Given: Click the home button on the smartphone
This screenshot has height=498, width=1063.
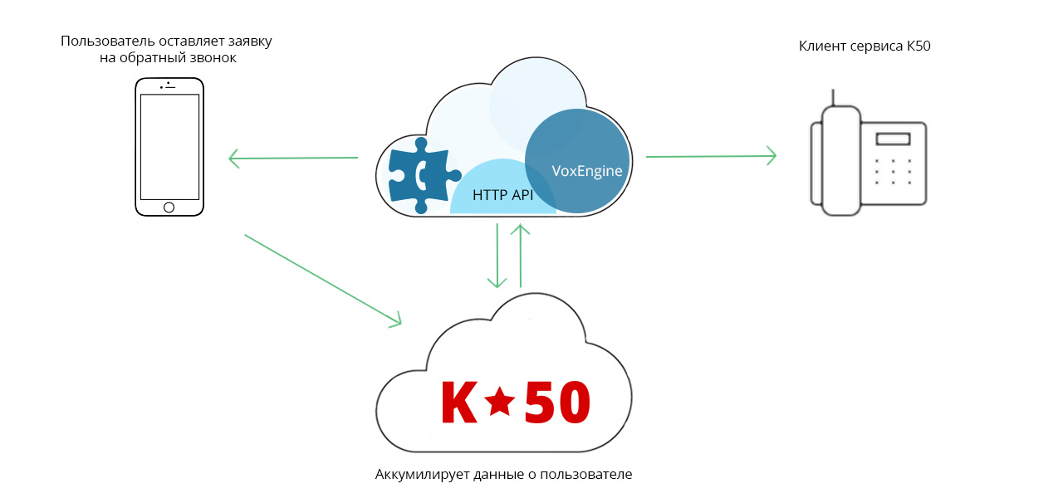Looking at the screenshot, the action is [169, 207].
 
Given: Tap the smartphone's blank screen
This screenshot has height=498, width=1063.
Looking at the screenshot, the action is [169, 146].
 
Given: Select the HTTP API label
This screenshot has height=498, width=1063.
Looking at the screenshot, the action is [502, 196].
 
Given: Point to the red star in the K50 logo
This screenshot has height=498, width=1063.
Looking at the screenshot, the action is [499, 403].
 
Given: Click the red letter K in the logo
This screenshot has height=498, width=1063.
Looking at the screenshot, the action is [458, 403].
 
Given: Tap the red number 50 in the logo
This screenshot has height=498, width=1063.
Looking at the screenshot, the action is [557, 403].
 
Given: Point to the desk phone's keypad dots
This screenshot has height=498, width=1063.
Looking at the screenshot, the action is [893, 172].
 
